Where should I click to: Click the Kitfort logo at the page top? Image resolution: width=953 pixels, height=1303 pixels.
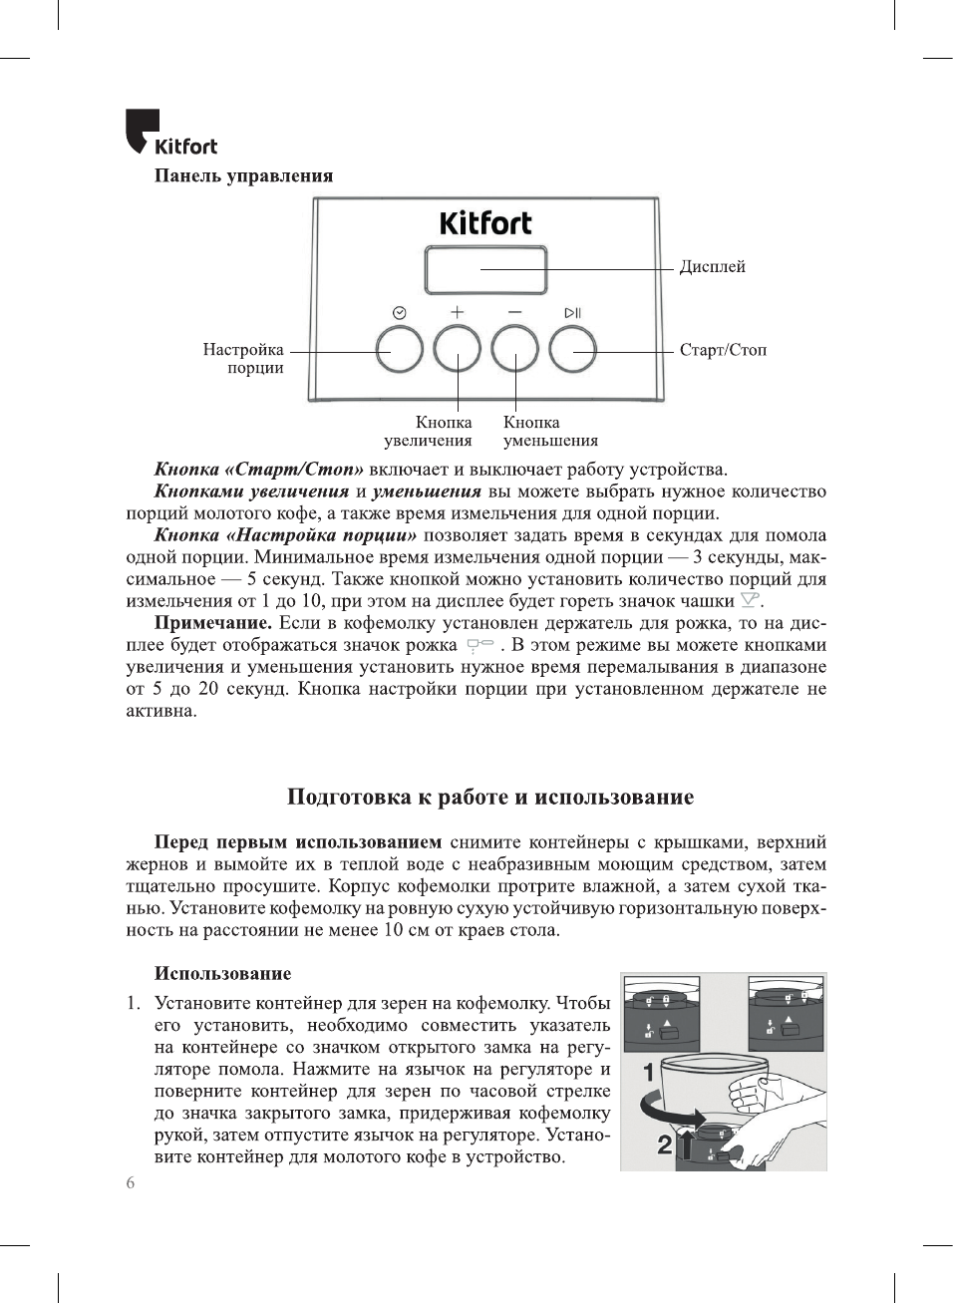(170, 134)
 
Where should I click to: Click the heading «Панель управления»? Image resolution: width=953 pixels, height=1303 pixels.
(243, 176)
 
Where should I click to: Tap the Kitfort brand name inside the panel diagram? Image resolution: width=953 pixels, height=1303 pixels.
(485, 223)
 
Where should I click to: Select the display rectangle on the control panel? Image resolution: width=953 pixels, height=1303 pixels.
(485, 270)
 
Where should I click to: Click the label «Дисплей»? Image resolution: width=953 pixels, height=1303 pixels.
(712, 267)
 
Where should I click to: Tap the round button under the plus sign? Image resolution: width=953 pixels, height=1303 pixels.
(457, 350)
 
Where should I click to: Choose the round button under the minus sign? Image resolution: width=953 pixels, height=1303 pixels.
(514, 350)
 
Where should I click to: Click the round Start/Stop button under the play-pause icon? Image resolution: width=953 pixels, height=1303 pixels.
(572, 350)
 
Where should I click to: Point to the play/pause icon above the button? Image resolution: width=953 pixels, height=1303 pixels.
(572, 313)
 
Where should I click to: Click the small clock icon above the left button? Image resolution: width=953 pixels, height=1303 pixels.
(400, 313)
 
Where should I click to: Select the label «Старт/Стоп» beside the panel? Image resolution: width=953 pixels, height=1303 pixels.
(723, 350)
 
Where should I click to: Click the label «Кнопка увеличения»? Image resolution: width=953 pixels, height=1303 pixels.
(429, 432)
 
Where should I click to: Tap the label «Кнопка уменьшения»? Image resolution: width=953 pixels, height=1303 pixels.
(550, 432)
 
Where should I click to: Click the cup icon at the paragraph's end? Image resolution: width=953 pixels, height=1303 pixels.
(750, 600)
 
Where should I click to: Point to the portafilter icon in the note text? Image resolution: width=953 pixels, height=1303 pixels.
(479, 644)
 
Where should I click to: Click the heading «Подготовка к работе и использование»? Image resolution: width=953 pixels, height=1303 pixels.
(489, 797)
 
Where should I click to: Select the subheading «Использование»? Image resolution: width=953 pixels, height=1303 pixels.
(222, 974)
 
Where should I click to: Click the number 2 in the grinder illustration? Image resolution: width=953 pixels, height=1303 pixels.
(664, 1145)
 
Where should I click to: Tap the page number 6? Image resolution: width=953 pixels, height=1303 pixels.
(131, 1183)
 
